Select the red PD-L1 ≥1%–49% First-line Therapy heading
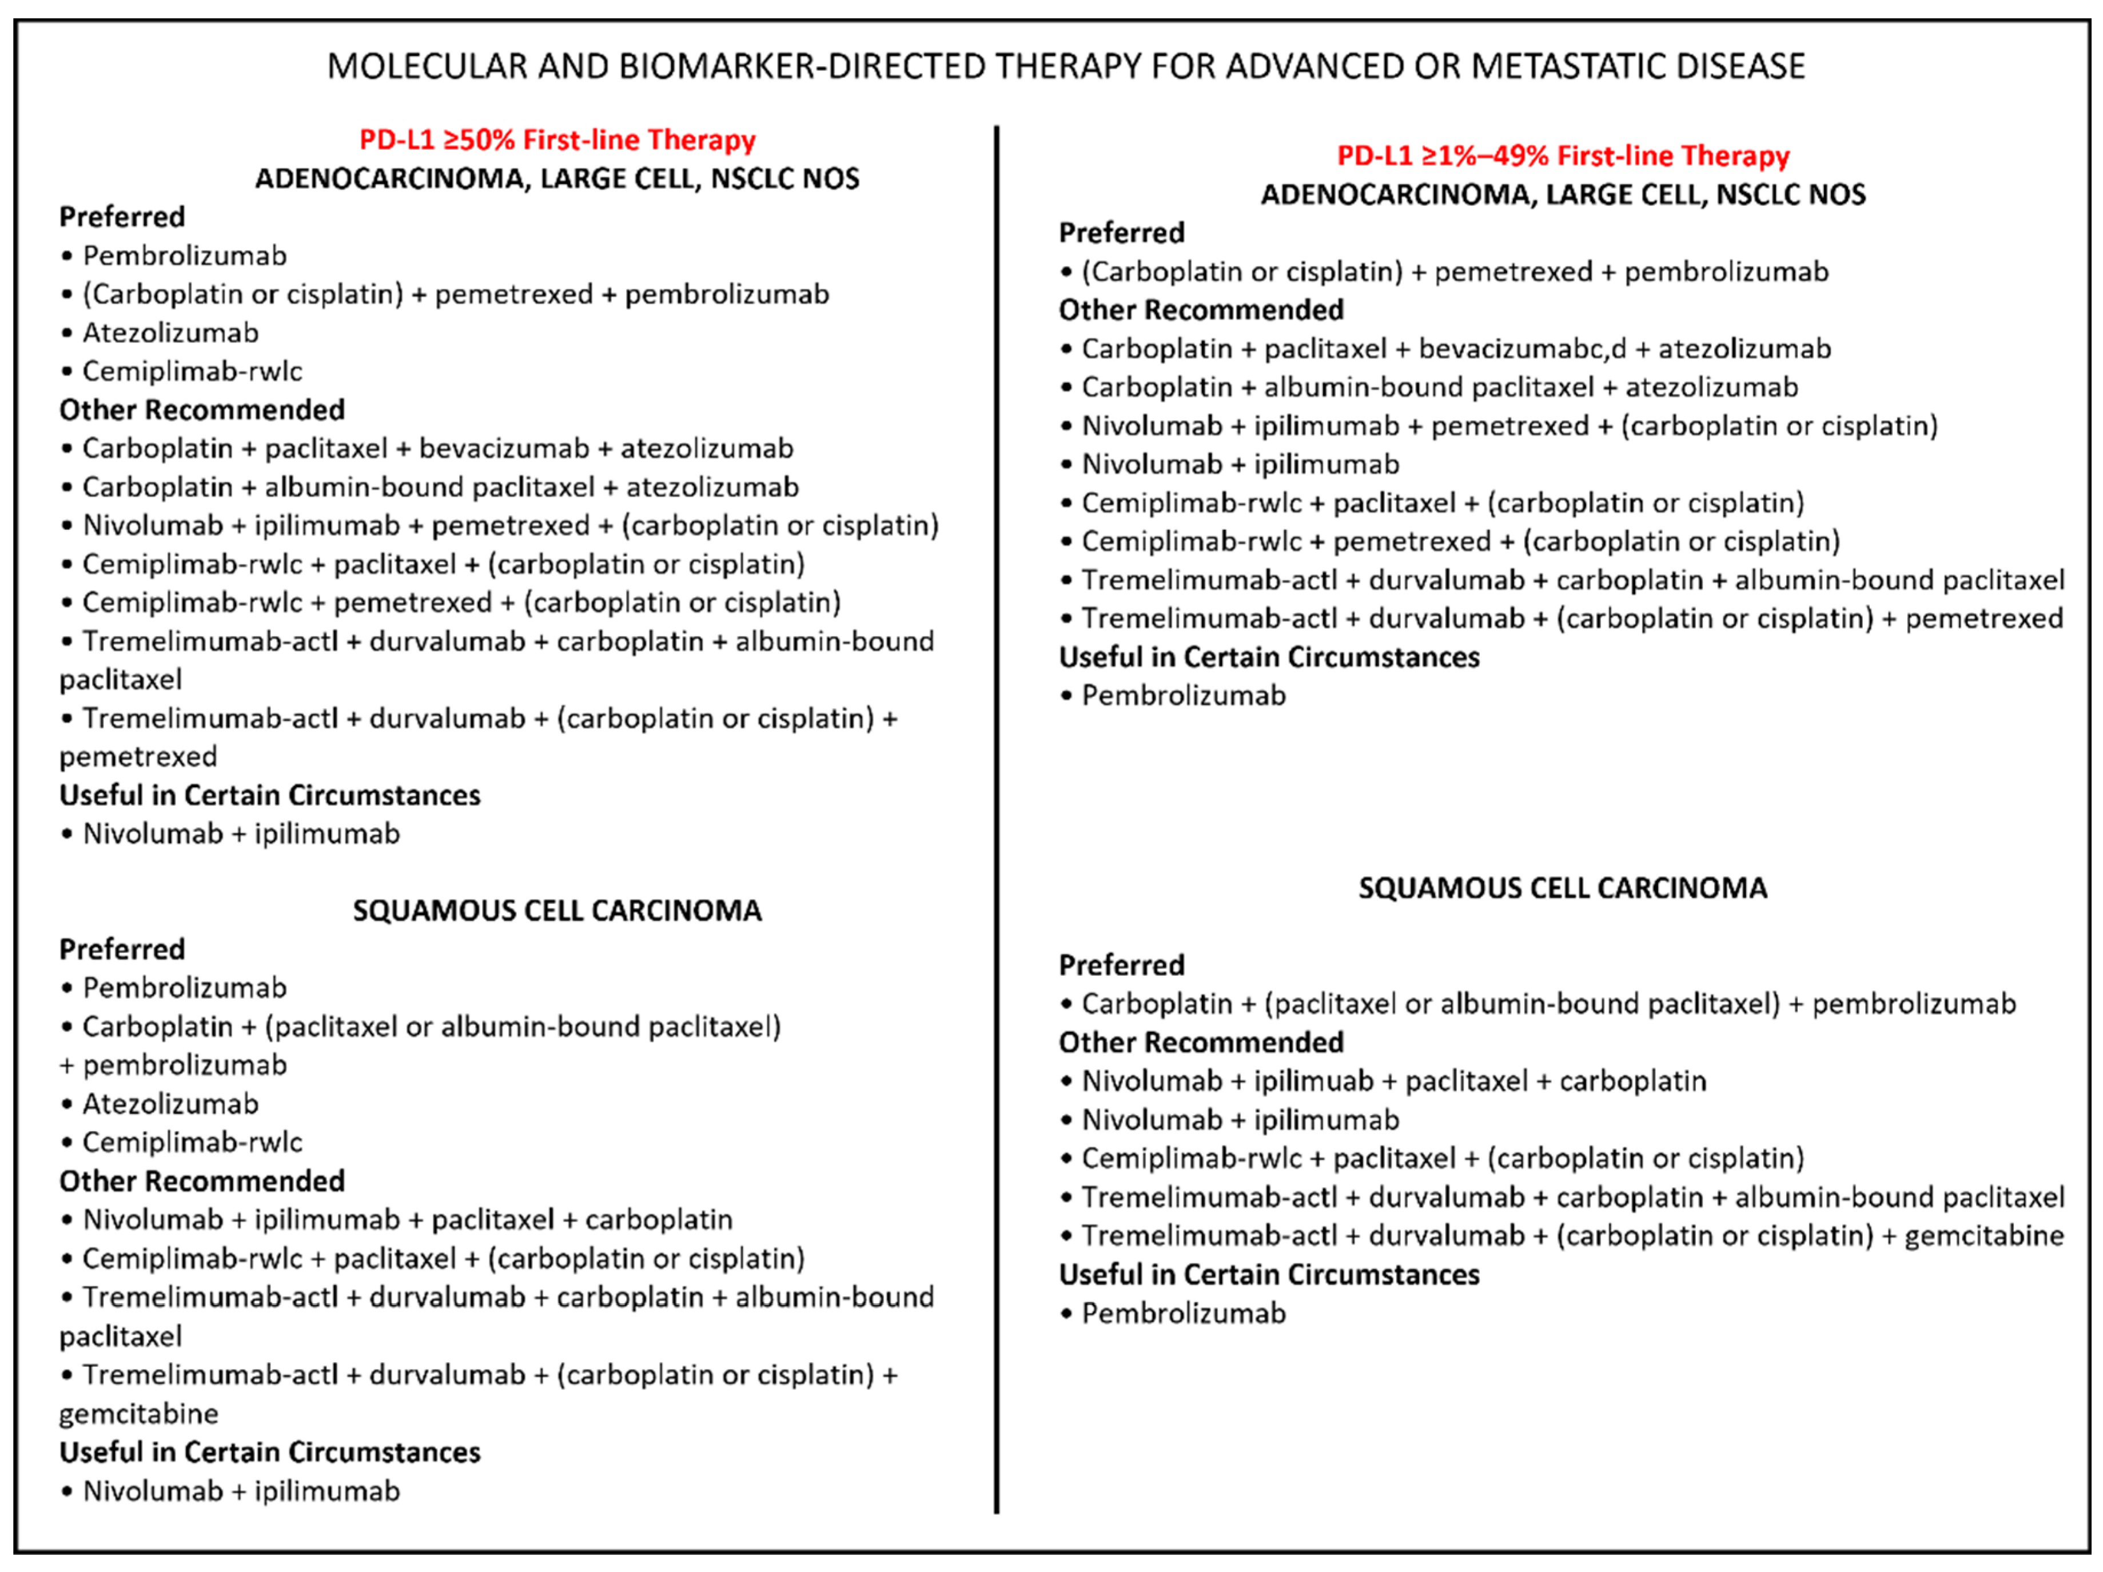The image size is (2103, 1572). click(1563, 156)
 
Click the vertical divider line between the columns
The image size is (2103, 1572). click(997, 817)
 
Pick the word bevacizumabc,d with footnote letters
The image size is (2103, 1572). click(1522, 349)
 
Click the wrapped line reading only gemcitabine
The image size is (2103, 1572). click(139, 1414)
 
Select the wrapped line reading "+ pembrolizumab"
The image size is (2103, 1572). click(173, 1066)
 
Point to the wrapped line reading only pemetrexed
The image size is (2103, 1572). click(139, 756)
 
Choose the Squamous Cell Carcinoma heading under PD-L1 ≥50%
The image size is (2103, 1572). click(557, 911)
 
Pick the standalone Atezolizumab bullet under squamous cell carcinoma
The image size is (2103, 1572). click(170, 1103)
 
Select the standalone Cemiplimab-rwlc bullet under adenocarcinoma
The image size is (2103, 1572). click(192, 370)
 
